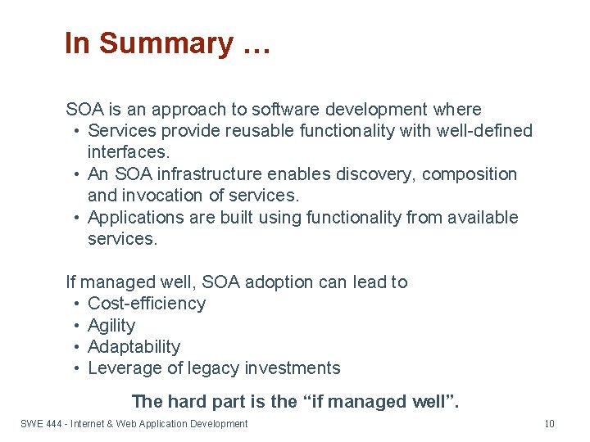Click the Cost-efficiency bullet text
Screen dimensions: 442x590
147,304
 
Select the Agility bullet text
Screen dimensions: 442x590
111,326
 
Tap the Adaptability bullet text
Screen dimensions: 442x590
134,347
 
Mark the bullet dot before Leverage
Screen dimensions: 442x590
75,368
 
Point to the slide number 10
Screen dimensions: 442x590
549,424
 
